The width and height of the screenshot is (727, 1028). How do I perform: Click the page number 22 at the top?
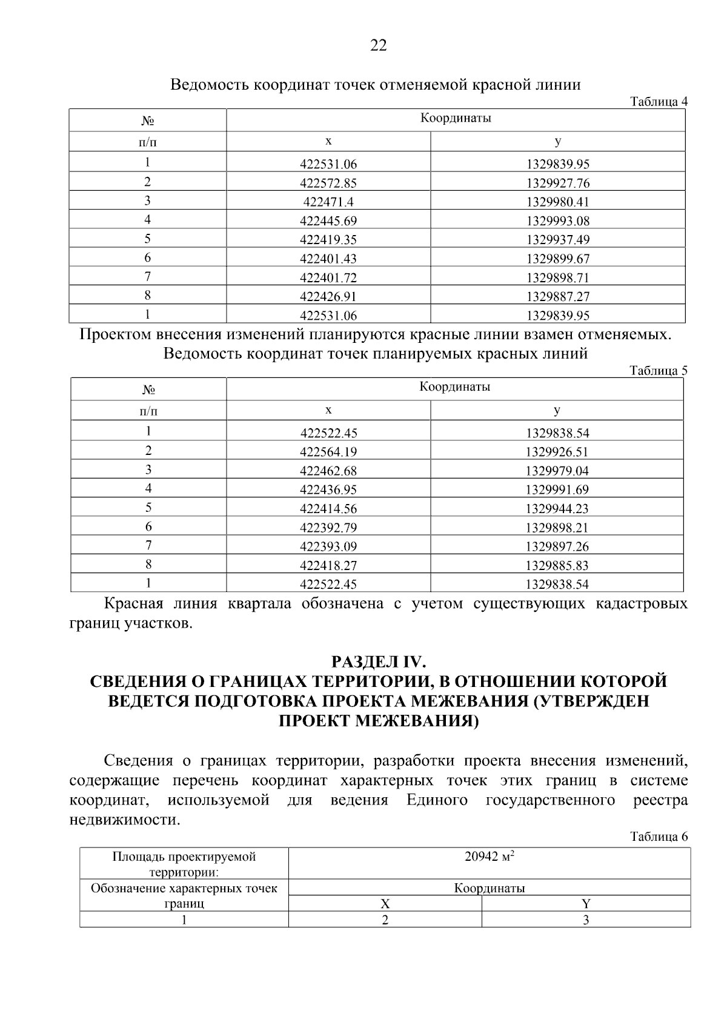click(x=378, y=45)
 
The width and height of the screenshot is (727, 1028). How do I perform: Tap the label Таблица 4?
click(x=659, y=101)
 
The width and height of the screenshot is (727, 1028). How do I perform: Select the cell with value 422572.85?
click(x=328, y=183)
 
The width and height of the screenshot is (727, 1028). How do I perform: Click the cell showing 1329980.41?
click(x=557, y=202)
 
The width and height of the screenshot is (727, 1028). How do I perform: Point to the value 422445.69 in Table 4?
click(x=328, y=221)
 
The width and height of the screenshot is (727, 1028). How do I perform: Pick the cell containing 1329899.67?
click(x=557, y=259)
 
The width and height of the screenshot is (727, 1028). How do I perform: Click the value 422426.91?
click(x=328, y=297)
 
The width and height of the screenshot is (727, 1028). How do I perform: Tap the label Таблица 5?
click(x=659, y=370)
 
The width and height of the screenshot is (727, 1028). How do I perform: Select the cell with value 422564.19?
click(x=328, y=452)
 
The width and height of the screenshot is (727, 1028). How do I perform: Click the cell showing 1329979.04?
click(x=557, y=471)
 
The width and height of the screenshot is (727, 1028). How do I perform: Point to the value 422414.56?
click(x=328, y=509)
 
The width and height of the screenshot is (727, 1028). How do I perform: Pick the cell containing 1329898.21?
click(x=557, y=528)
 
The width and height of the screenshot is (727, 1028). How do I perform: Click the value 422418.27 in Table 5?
click(x=328, y=566)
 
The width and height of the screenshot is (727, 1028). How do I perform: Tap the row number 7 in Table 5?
click(x=148, y=545)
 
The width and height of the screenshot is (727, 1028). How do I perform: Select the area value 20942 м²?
click(x=489, y=857)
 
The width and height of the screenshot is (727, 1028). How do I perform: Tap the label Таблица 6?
click(x=659, y=837)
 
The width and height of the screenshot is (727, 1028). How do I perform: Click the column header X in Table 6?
click(x=385, y=904)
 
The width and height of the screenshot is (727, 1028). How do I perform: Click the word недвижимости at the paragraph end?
click(x=125, y=820)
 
